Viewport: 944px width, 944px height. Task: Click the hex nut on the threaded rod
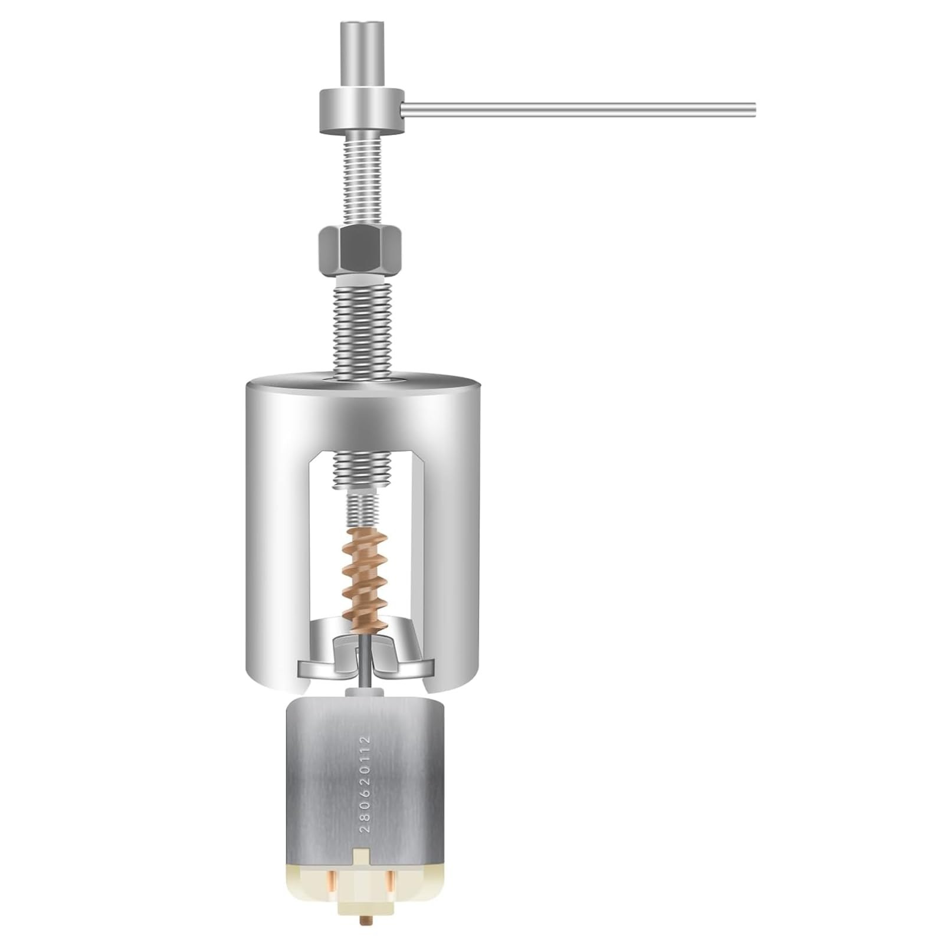click(x=360, y=248)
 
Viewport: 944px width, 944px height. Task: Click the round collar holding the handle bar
click(x=360, y=110)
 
